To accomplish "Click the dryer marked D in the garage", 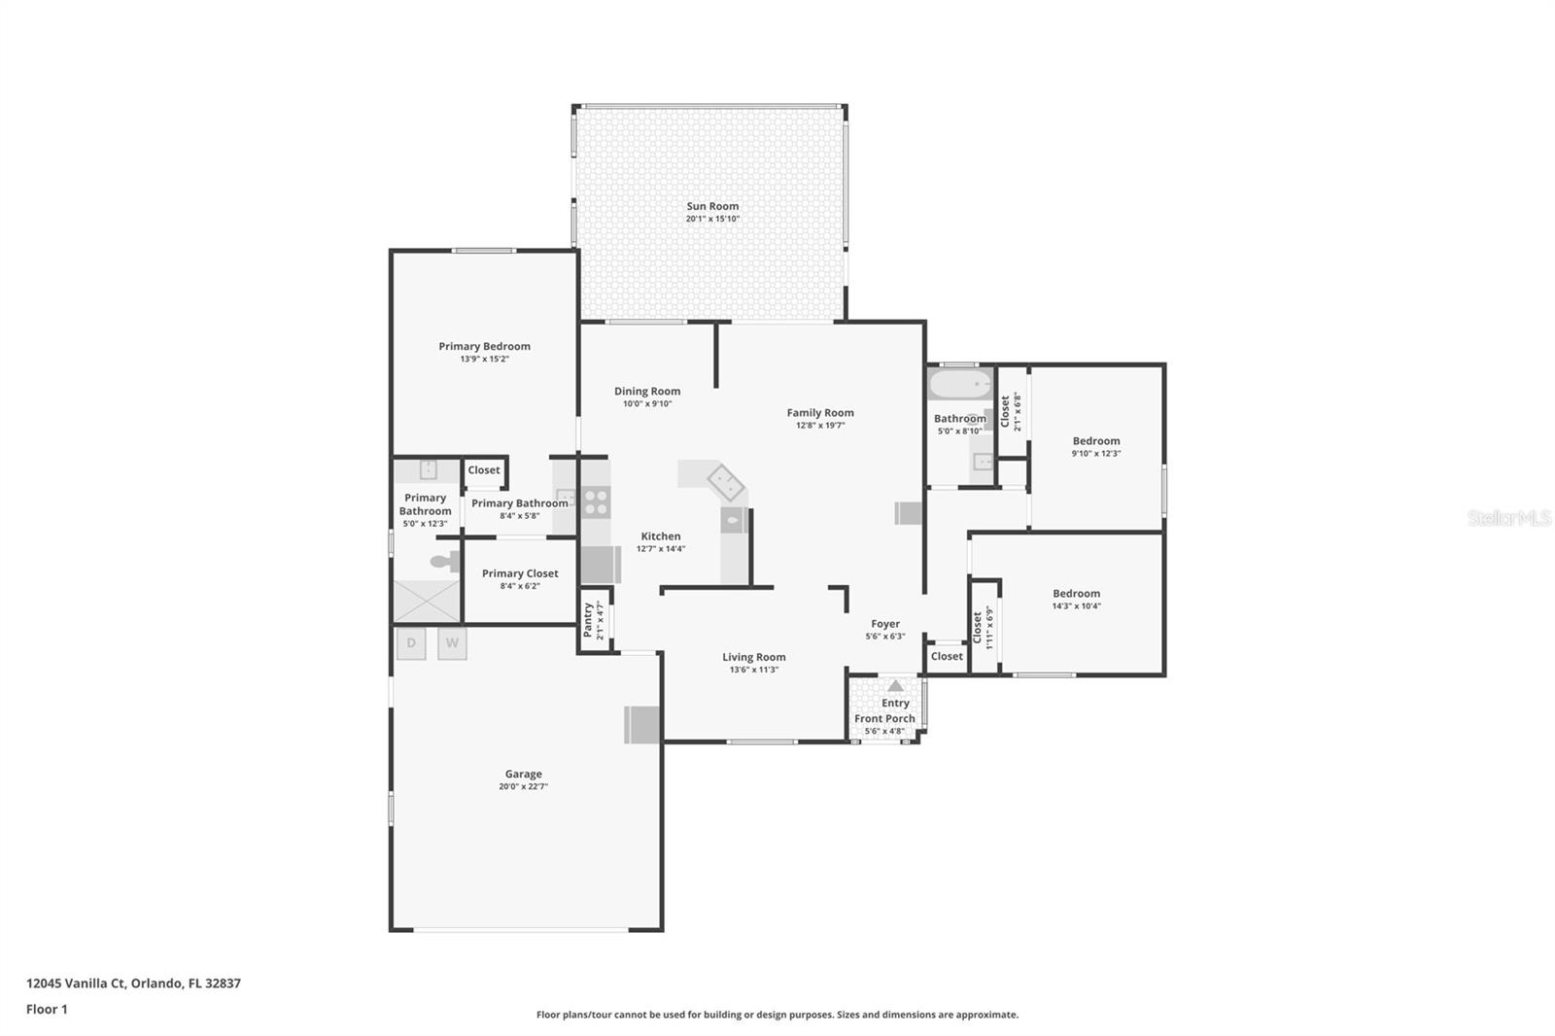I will point(411,643).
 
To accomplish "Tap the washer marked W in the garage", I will point(452,643).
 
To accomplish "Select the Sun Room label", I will point(712,206).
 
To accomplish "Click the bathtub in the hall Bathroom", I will point(959,385).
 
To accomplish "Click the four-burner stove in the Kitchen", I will point(596,502).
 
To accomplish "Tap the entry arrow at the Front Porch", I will point(895,686).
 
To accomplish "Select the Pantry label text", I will point(588,620).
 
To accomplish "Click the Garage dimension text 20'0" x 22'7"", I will point(523,786).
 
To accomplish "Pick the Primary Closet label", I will point(520,573).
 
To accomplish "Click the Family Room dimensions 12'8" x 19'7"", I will point(820,425).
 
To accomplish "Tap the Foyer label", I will point(885,624).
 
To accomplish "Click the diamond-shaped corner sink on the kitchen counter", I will point(725,481).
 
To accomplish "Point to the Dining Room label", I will point(647,391).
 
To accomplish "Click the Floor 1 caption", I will point(47,1009).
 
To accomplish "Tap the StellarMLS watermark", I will point(1508,518).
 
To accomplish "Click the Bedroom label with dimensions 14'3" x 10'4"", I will point(1076,593).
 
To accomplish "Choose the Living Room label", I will point(753,657).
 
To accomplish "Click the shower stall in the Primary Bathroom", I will point(426,601).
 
